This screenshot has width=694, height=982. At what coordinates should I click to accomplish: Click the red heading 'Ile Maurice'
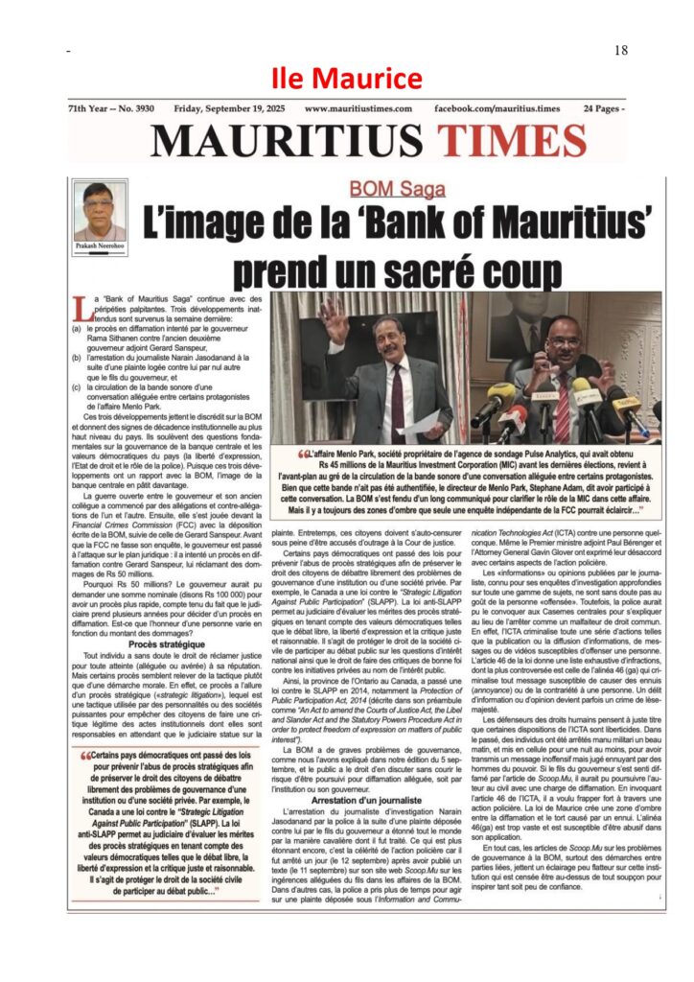(346, 78)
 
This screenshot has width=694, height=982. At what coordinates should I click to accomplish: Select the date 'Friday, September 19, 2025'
(226, 109)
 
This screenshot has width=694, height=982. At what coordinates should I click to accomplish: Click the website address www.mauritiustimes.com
(359, 109)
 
